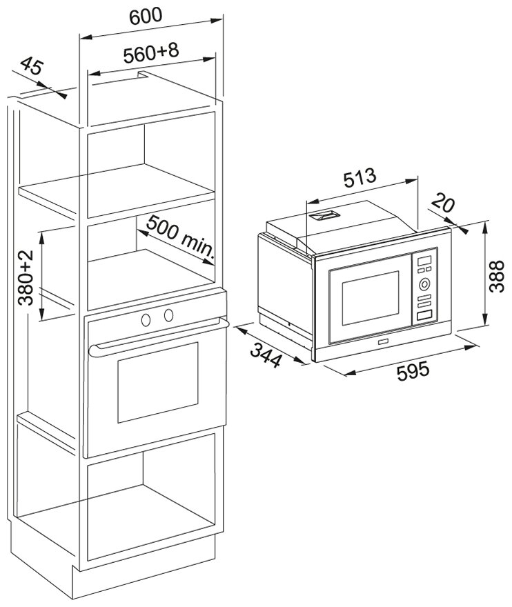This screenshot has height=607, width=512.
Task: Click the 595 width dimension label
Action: [413, 370]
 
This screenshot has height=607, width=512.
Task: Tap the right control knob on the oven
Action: [168, 316]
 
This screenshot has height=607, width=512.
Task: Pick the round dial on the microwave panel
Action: [424, 283]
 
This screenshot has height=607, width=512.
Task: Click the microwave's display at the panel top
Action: [425, 261]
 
